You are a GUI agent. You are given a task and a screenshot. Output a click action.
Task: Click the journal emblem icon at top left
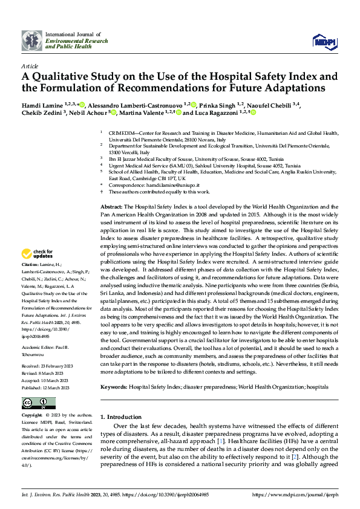[32, 40]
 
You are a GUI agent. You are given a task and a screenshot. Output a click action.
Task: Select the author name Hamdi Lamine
[41, 105]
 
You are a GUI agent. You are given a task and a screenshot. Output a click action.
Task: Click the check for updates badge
[38, 254]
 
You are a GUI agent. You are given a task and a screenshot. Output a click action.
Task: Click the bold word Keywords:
[113, 385]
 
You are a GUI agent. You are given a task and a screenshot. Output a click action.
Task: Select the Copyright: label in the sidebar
[32, 416]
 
